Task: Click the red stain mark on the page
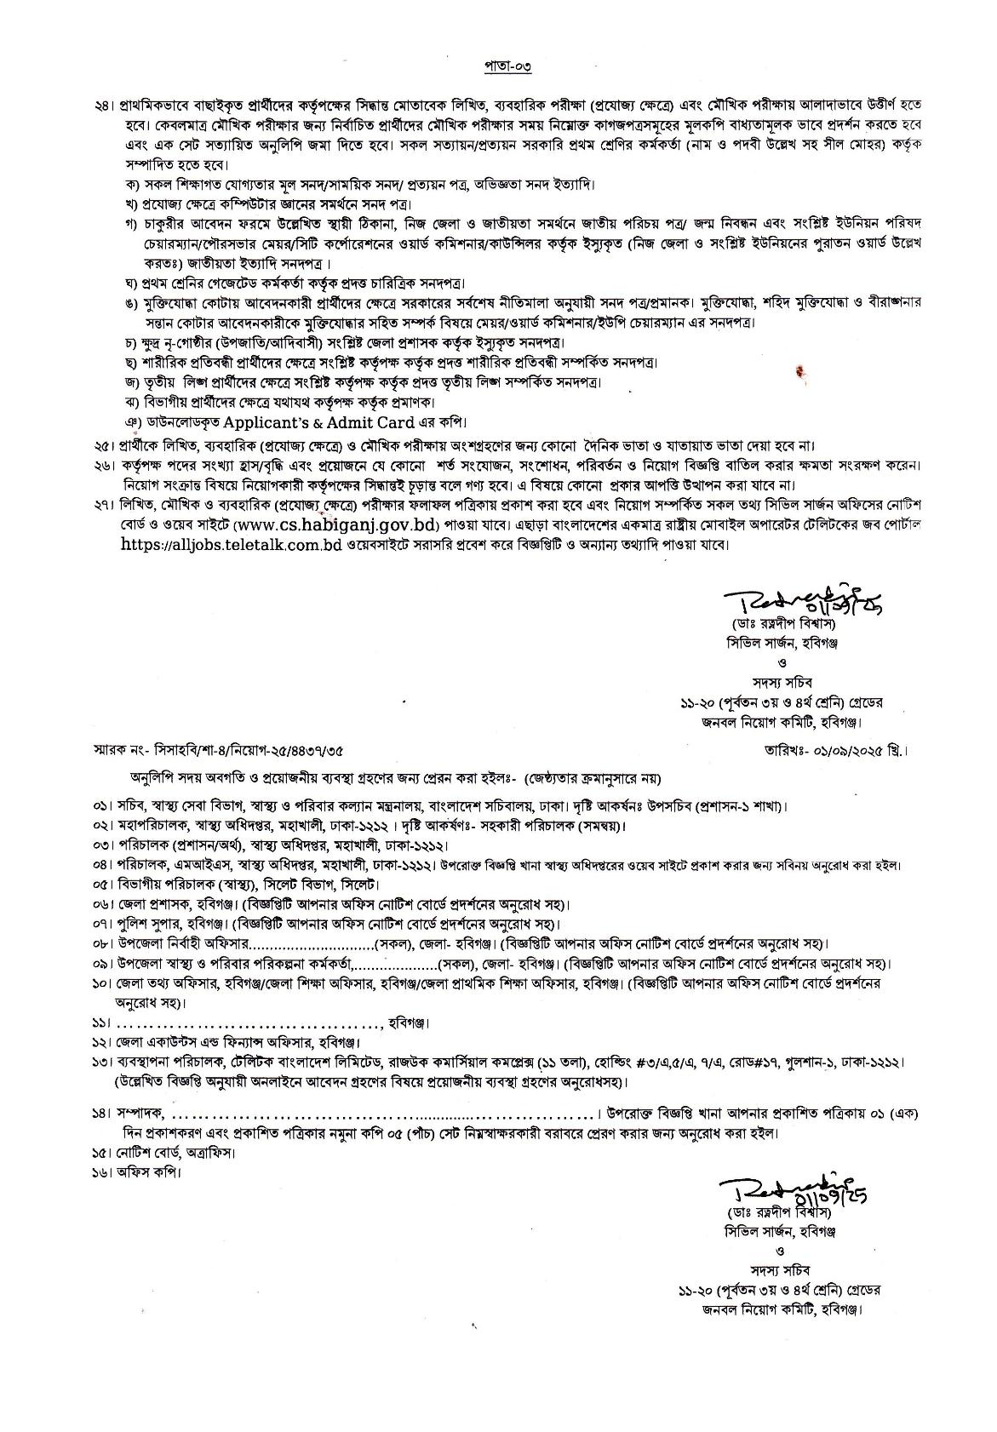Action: click(x=800, y=370)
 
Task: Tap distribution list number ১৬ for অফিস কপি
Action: click(x=103, y=1171)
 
